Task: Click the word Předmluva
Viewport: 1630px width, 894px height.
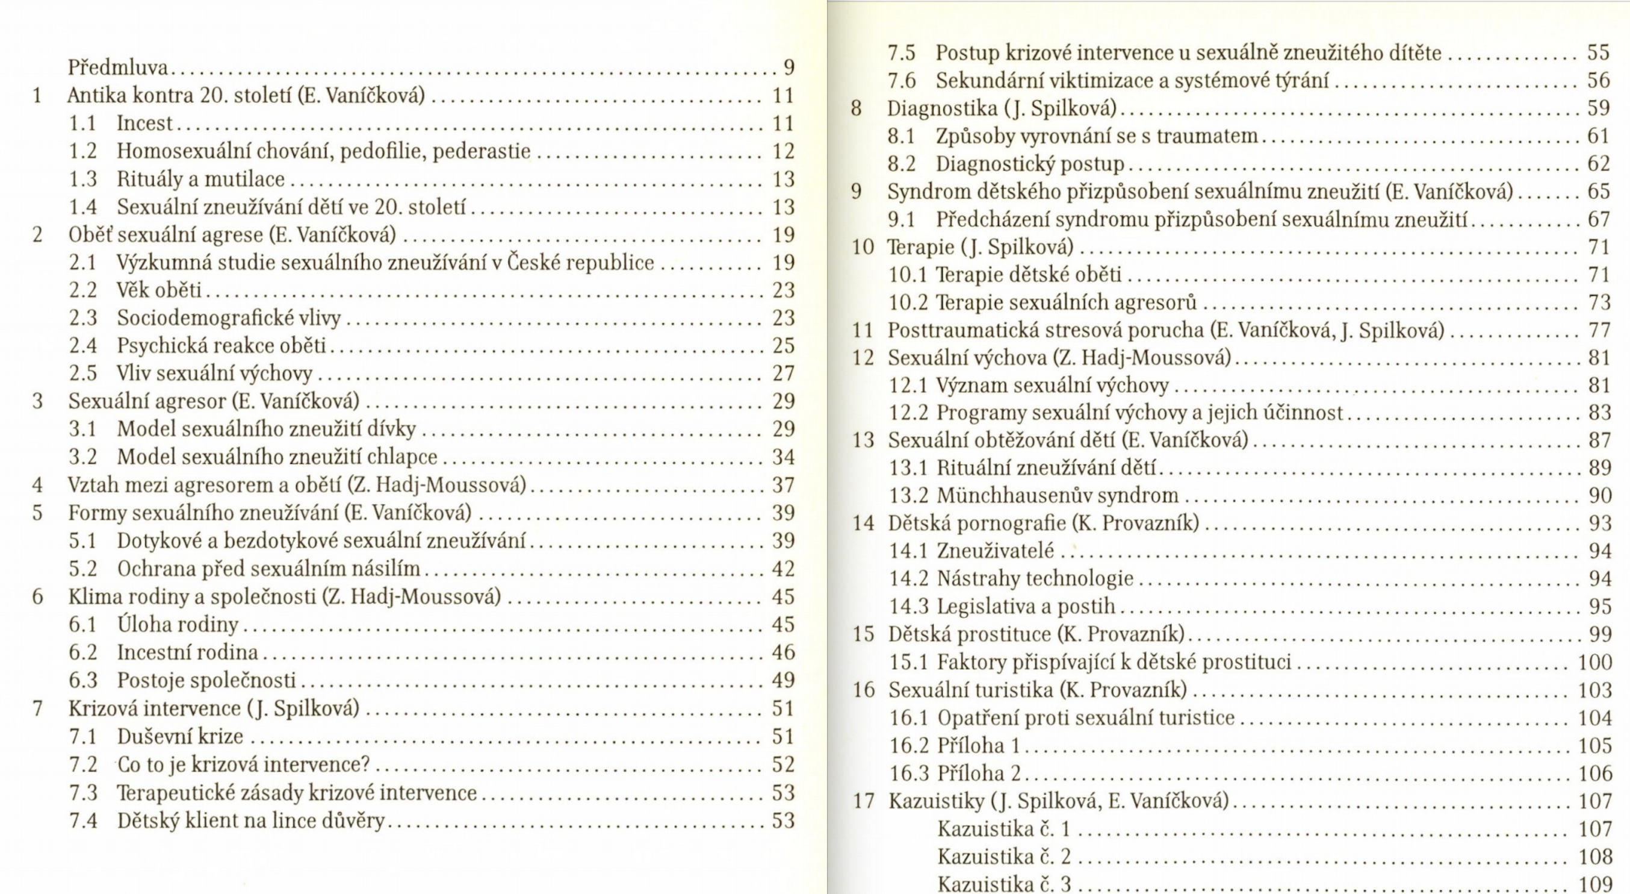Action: point(118,67)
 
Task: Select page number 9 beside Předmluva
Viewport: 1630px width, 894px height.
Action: point(789,67)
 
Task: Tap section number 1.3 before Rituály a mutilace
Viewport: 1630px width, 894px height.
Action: point(83,179)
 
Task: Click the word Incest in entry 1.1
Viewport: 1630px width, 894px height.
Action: point(144,123)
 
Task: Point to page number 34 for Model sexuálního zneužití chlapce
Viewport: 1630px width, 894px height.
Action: point(783,457)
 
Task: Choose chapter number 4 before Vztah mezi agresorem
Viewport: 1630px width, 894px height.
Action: point(38,485)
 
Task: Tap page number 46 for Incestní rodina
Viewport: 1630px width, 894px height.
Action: point(783,652)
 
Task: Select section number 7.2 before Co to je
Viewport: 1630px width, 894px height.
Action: point(83,765)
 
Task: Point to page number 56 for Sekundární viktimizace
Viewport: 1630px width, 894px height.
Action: point(1598,80)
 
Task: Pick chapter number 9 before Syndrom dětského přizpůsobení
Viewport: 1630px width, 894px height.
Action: point(856,191)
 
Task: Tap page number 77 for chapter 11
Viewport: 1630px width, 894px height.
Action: point(1599,330)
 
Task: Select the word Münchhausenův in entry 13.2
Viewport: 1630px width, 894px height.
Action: point(1013,495)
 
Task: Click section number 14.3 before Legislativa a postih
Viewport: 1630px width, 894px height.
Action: point(909,607)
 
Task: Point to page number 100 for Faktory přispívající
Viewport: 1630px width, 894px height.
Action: point(1594,662)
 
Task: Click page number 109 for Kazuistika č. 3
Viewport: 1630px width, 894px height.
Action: point(1594,884)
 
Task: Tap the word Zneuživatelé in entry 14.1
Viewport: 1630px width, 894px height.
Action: point(996,551)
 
